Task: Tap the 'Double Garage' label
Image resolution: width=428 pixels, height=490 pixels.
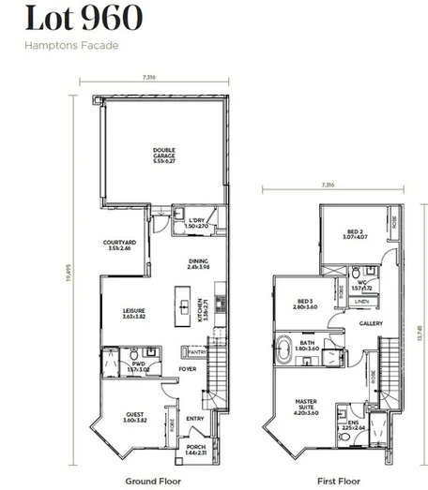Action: click(164, 154)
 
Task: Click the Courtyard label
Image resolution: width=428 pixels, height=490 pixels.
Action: click(120, 247)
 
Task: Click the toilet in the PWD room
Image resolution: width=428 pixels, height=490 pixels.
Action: click(134, 355)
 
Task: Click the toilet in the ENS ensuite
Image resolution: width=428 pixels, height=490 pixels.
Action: click(344, 411)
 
